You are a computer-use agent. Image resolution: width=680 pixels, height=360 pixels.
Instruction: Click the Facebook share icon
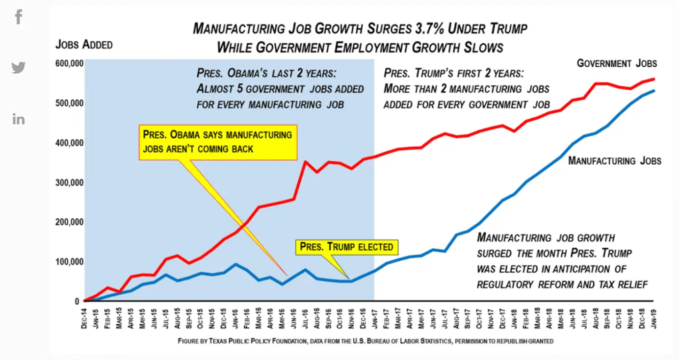tap(19, 17)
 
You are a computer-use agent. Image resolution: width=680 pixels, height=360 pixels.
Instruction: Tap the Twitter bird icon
tap(19, 67)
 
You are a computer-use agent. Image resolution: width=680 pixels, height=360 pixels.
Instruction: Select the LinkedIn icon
tap(19, 119)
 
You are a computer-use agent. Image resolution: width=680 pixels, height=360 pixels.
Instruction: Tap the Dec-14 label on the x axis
tap(84, 316)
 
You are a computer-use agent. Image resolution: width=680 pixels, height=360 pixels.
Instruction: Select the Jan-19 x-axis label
tap(654, 316)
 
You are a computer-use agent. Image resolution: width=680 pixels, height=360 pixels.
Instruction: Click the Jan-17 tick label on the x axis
tap(374, 316)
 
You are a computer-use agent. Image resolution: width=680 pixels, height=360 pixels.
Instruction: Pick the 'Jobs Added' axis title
tap(84, 45)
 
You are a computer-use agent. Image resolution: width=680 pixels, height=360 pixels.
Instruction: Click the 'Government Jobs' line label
tap(616, 63)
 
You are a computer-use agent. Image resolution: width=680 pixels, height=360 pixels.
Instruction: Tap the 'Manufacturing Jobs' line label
tap(614, 161)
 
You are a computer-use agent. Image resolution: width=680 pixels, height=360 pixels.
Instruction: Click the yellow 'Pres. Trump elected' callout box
tap(346, 247)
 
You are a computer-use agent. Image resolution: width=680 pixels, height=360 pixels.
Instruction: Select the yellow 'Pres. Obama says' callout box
tap(217, 141)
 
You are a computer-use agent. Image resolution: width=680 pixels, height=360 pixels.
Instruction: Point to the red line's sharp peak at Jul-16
tap(305, 161)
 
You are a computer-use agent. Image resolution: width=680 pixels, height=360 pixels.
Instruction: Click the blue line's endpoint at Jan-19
tap(654, 91)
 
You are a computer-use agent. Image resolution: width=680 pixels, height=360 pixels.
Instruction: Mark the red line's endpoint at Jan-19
tap(654, 79)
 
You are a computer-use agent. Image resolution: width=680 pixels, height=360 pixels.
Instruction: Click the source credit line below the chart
tap(366, 341)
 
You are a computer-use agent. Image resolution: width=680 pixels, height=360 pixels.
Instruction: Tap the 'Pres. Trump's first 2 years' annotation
tap(466, 89)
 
